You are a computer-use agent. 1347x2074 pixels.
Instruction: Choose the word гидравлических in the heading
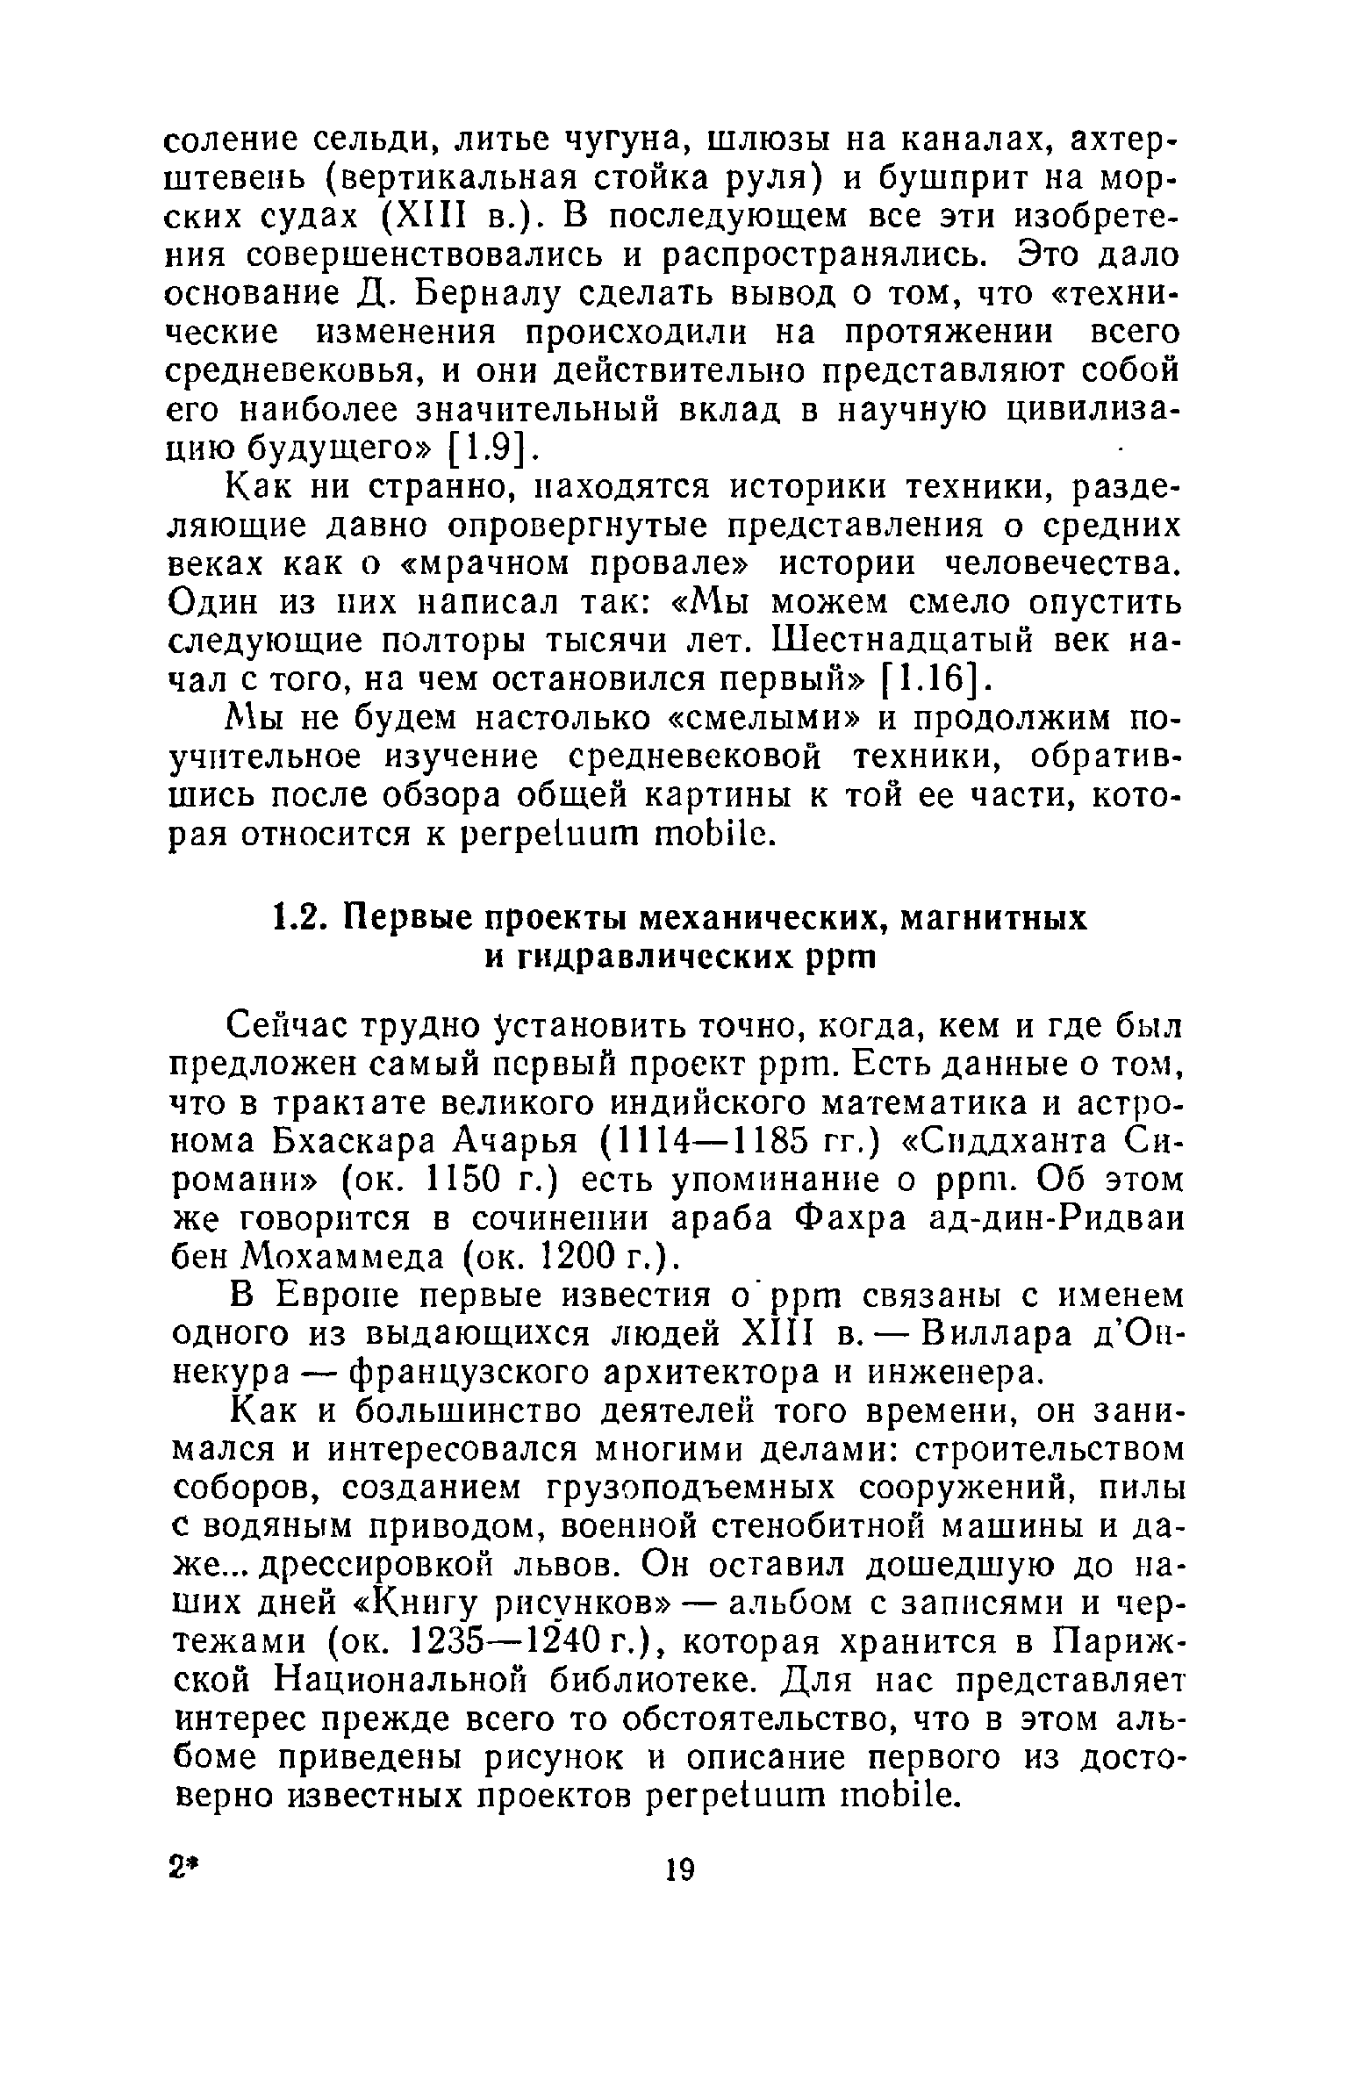coord(650,958)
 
